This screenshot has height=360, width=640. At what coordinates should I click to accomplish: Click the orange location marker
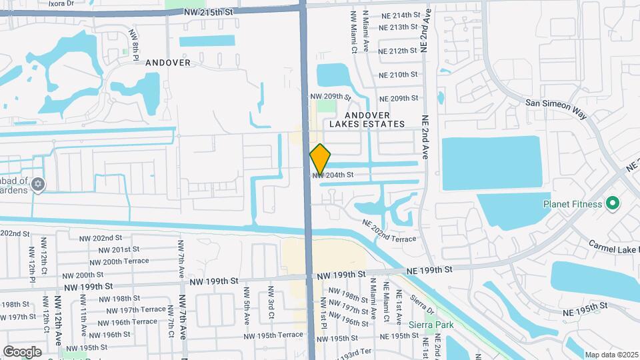tap(320, 159)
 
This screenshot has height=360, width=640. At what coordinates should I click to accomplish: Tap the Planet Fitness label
tap(573, 204)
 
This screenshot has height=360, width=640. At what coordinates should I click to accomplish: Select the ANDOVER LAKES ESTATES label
tap(367, 119)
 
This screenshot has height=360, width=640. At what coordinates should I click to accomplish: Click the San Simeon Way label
tap(557, 109)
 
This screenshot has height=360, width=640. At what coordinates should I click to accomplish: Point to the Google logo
tap(22, 351)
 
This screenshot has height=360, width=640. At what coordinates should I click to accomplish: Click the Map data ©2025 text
tap(611, 355)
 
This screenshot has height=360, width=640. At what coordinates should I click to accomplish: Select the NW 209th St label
tap(331, 97)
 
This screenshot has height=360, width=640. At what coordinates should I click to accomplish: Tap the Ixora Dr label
tap(61, 3)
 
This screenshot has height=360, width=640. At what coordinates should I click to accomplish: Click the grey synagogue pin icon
tap(38, 184)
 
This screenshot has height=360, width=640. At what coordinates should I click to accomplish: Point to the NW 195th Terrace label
tap(281, 335)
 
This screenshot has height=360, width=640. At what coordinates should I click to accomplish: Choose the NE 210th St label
tap(398, 75)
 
